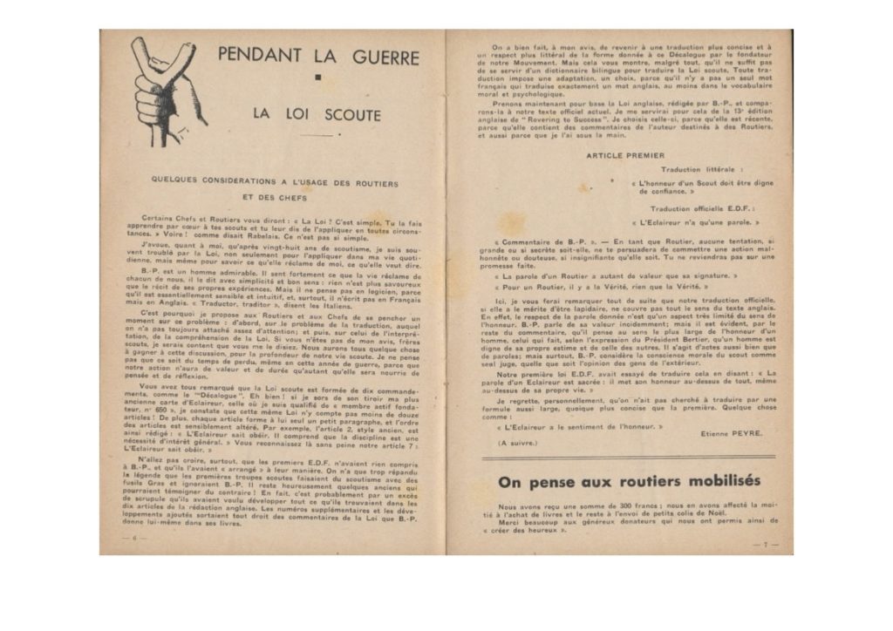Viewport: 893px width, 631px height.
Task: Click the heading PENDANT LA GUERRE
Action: (x=318, y=56)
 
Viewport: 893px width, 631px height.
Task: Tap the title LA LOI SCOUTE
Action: (x=317, y=114)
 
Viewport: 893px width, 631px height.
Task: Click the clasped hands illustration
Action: (x=167, y=89)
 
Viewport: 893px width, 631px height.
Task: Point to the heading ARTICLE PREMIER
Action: (x=624, y=155)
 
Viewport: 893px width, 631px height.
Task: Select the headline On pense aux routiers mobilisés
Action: (x=628, y=481)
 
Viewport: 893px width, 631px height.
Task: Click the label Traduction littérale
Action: (x=701, y=169)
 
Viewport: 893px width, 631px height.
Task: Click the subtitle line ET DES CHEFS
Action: (x=274, y=196)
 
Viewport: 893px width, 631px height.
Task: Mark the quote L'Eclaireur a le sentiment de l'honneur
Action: (x=581, y=425)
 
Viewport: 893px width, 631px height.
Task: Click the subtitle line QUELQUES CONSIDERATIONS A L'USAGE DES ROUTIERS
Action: (x=274, y=182)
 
